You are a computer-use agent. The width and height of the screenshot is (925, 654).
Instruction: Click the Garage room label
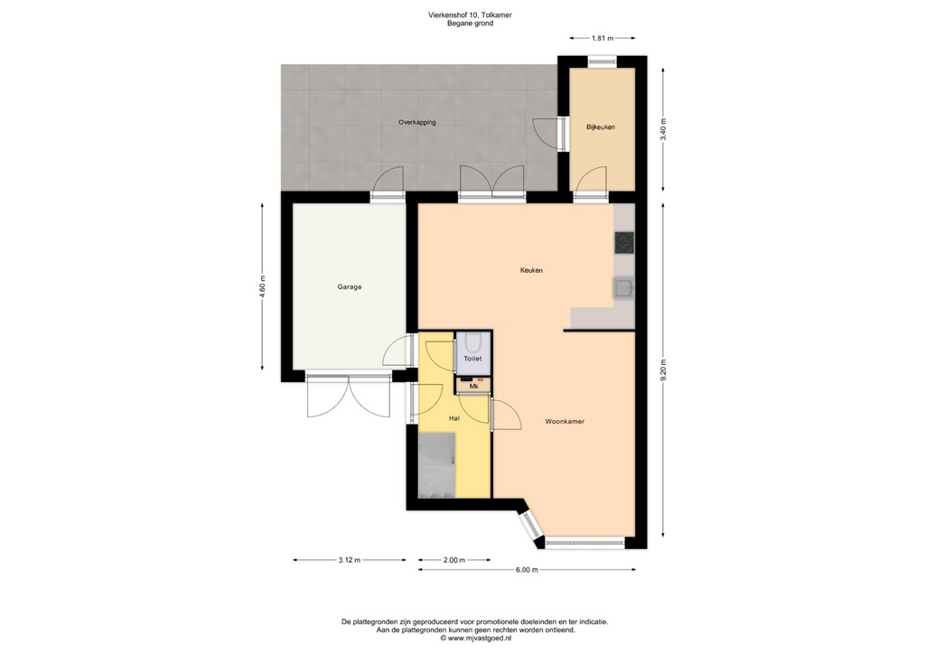pos(350,287)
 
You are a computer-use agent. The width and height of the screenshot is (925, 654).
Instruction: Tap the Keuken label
pos(530,270)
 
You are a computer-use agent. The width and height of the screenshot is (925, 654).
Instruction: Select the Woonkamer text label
pos(565,421)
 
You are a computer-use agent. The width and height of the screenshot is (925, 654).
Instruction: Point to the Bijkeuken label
pos(600,127)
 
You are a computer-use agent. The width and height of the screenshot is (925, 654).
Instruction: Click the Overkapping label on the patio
pos(417,122)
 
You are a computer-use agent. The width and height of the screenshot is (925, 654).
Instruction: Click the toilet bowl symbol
pos(472,343)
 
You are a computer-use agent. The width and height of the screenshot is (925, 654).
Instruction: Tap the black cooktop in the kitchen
pos(624,242)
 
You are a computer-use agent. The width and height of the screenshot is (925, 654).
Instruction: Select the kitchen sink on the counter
pos(623,288)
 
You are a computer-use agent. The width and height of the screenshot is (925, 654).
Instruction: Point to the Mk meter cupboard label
pos(472,387)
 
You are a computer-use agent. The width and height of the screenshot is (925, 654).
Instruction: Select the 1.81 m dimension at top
pos(603,39)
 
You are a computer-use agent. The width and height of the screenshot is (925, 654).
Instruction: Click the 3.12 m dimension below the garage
pos(350,560)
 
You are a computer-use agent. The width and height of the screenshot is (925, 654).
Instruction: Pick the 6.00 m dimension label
pos(527,570)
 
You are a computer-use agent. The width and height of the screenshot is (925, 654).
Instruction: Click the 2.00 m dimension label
pos(454,560)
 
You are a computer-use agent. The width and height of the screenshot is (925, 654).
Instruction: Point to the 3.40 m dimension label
pos(664,127)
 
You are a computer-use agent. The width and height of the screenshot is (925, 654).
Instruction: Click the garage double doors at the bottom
pos(349,396)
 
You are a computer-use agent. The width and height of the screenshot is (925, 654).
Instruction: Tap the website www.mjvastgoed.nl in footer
pos(474,638)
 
